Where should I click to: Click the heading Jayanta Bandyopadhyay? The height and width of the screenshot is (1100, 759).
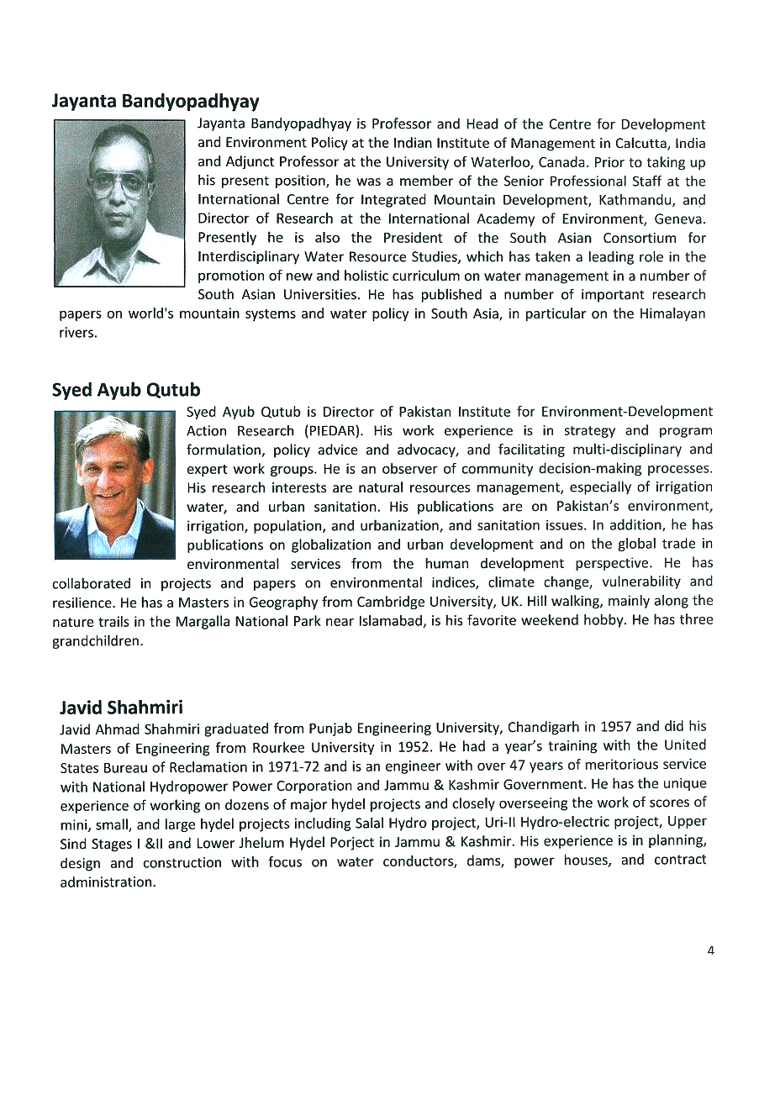(x=155, y=102)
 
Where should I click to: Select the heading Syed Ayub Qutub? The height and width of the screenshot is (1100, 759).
(x=126, y=391)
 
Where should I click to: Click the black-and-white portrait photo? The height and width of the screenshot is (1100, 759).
(x=119, y=203)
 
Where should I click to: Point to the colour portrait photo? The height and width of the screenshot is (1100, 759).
(x=114, y=485)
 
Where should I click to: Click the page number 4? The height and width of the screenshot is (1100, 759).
(x=710, y=950)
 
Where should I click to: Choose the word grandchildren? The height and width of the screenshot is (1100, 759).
(x=98, y=640)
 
